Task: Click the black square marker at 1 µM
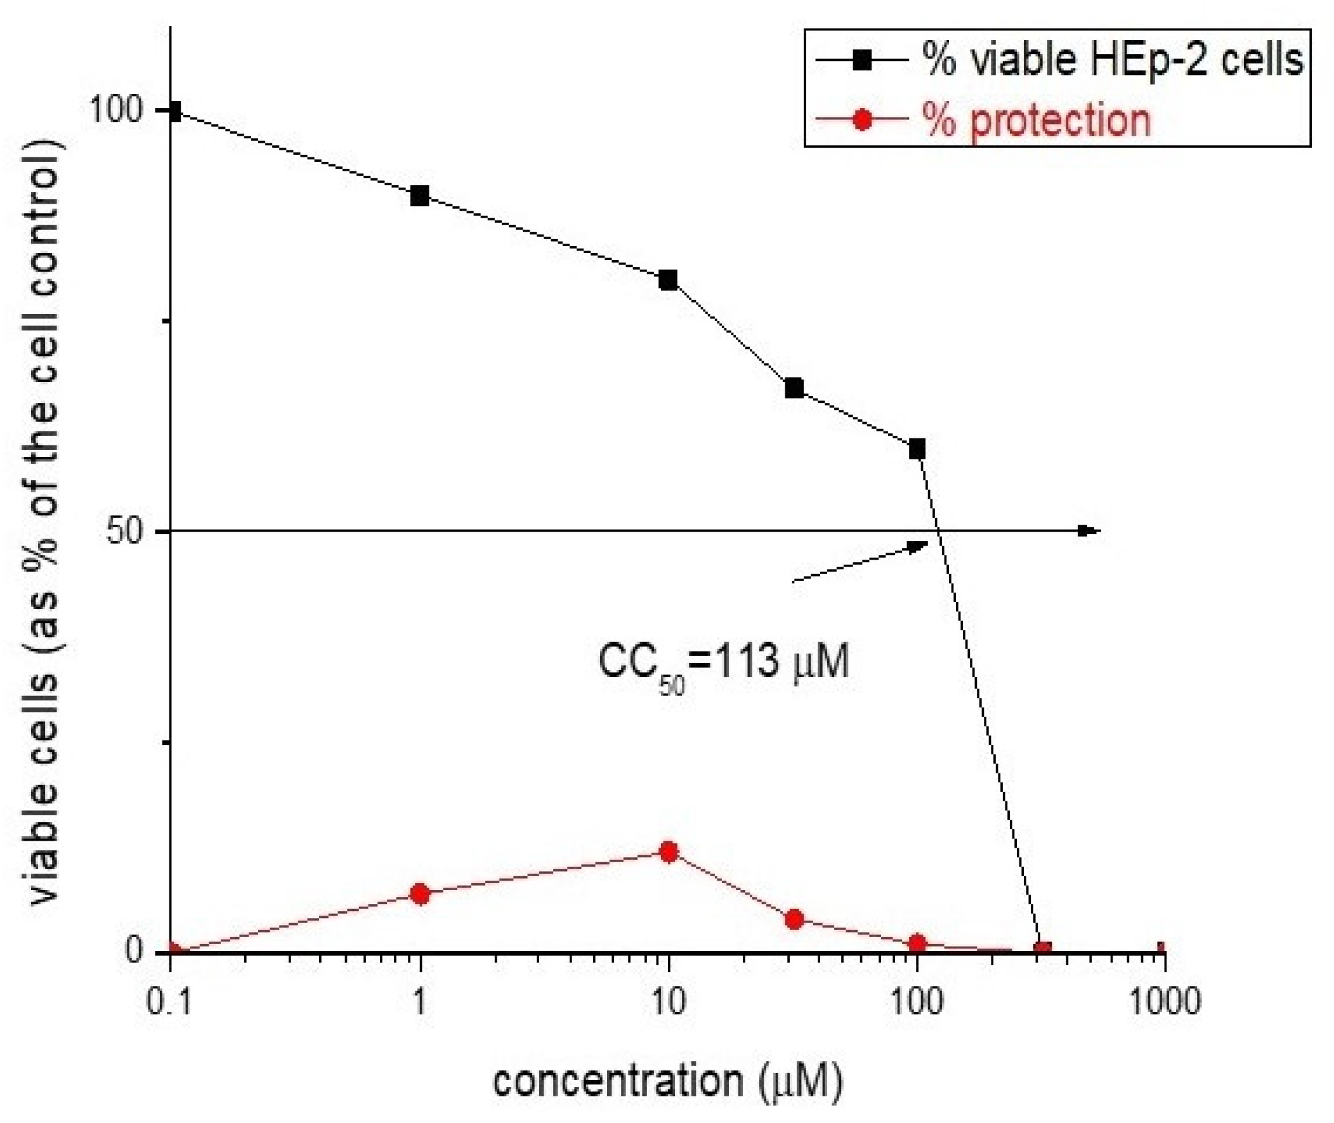click(x=419, y=196)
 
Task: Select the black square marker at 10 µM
click(x=669, y=280)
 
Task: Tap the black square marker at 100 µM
click(x=917, y=449)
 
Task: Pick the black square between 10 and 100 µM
click(x=794, y=388)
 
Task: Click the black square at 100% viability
click(x=172, y=112)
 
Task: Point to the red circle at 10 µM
click(x=669, y=853)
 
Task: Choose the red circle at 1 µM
click(x=420, y=895)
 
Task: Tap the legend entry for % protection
click(x=1037, y=120)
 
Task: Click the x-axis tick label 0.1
click(x=169, y=1001)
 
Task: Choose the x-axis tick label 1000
click(x=1165, y=1001)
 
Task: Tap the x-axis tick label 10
click(x=668, y=1001)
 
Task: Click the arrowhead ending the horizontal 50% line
click(x=1089, y=531)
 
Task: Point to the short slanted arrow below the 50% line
click(x=860, y=561)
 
